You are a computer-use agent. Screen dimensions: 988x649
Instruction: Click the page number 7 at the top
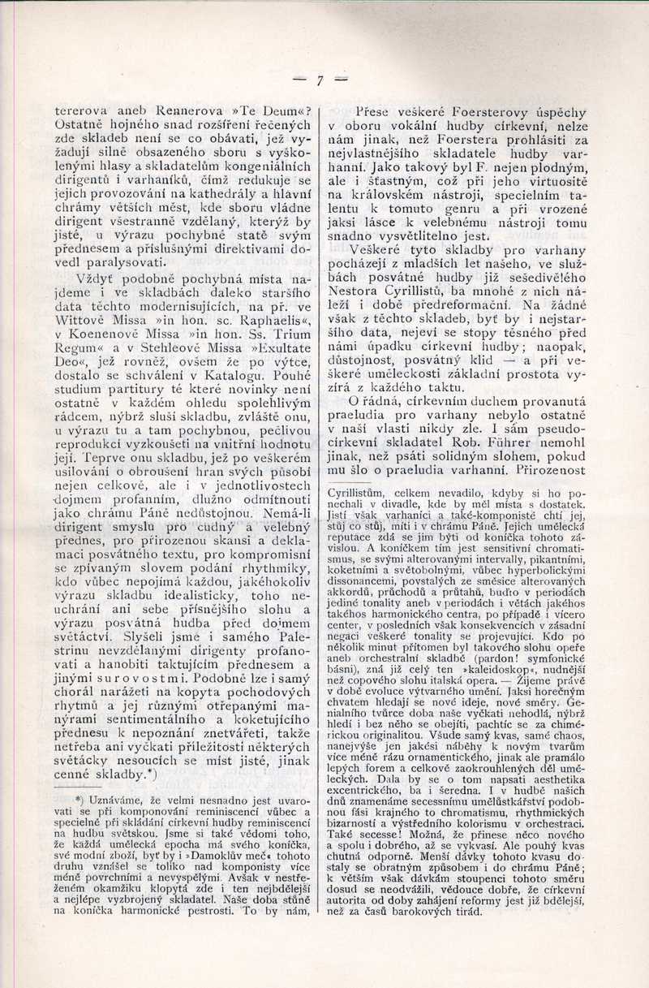click(x=320, y=80)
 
